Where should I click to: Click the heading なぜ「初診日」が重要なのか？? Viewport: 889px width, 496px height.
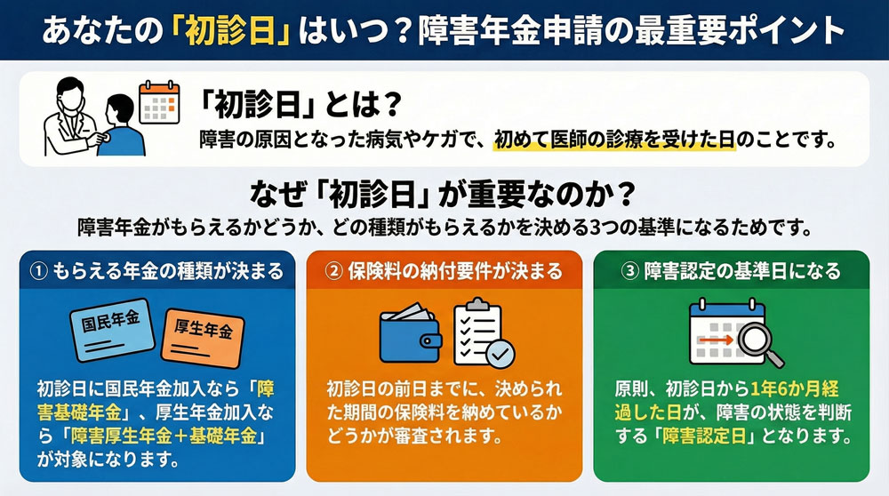tap(444, 191)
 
